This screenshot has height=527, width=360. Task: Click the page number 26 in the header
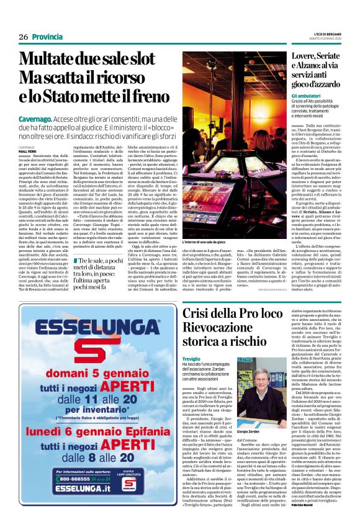[24, 37]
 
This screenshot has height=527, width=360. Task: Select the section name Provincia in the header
[47, 37]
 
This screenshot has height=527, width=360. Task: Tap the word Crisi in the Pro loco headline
[198, 313]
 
